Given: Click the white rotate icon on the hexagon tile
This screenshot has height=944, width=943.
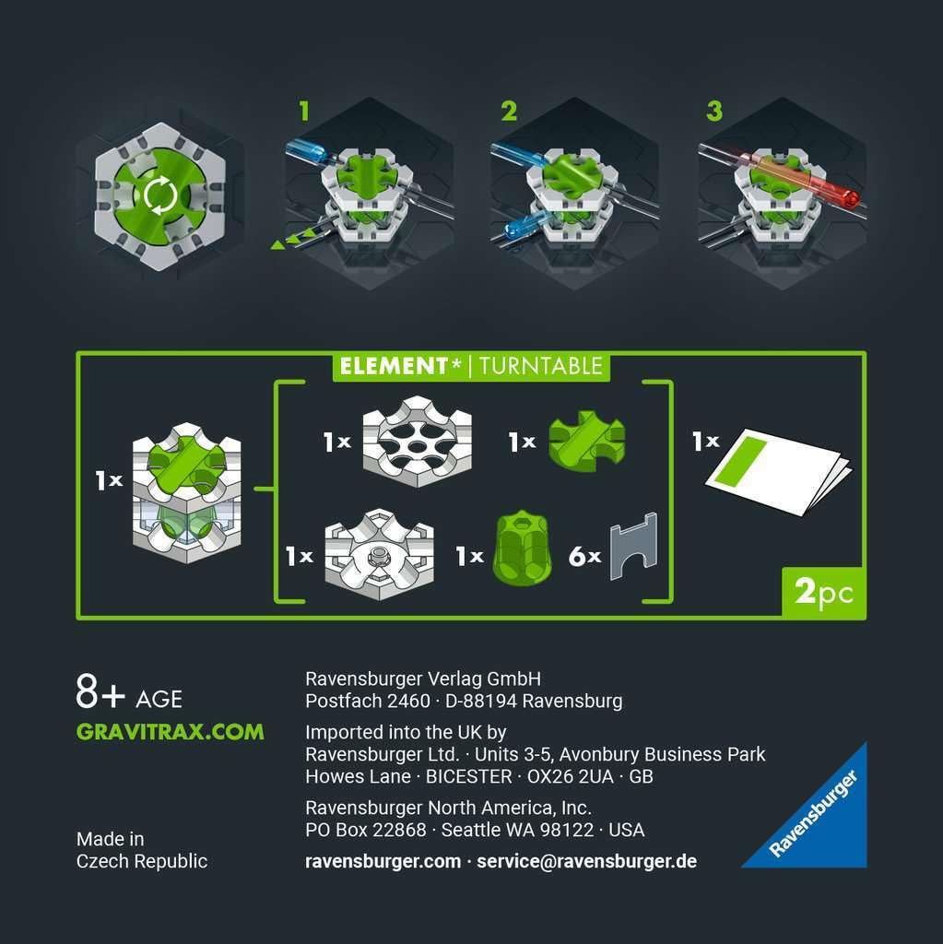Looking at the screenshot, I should click(160, 195).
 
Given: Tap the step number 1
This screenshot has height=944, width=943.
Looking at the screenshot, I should click(305, 112).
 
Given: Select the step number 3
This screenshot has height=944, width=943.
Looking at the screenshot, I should click(714, 112).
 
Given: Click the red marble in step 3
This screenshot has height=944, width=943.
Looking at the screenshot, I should click(849, 198).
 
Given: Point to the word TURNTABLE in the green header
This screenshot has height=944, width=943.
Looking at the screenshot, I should click(540, 366).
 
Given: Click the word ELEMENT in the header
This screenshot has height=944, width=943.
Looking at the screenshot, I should click(394, 366).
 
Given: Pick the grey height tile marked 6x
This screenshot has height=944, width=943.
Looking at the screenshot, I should click(633, 546).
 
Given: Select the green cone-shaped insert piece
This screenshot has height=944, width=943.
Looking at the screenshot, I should click(522, 547).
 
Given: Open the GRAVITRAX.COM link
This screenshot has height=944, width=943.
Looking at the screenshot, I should click(170, 732).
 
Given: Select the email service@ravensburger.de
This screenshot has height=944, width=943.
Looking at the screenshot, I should click(586, 861).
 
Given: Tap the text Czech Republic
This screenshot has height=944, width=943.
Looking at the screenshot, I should click(141, 861).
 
